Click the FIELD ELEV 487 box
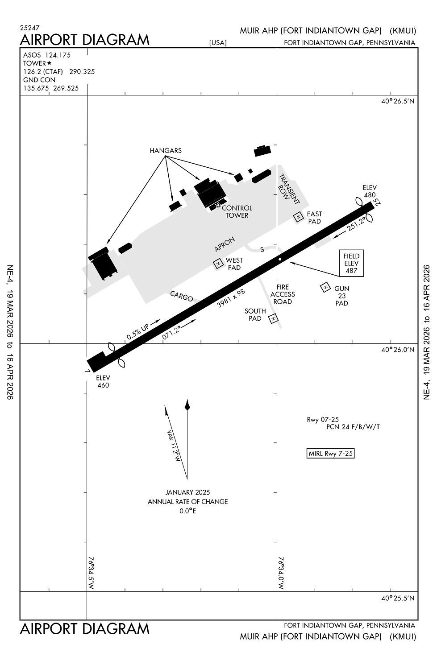pyautogui.click(x=351, y=263)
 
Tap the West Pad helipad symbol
pyautogui.click(x=218, y=264)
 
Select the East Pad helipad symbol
pyautogui.click(x=298, y=217)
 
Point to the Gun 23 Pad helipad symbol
pyautogui.click(x=325, y=288)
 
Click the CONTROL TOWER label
pyautogui.click(x=237, y=211)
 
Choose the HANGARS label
pyautogui.click(x=166, y=151)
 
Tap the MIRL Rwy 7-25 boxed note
pyautogui.click(x=331, y=454)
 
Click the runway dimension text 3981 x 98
pyautogui.click(x=231, y=298)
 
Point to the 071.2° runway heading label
pyautogui.click(x=172, y=332)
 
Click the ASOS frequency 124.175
pyautogui.click(x=58, y=55)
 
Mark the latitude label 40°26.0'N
pyautogui.click(x=398, y=350)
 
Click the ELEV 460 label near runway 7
pyautogui.click(x=103, y=382)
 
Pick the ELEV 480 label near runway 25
pyautogui.click(x=370, y=191)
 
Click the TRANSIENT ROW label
pyautogui.click(x=289, y=190)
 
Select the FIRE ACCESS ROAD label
pyautogui.click(x=283, y=294)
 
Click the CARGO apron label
pyautogui.click(x=181, y=296)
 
